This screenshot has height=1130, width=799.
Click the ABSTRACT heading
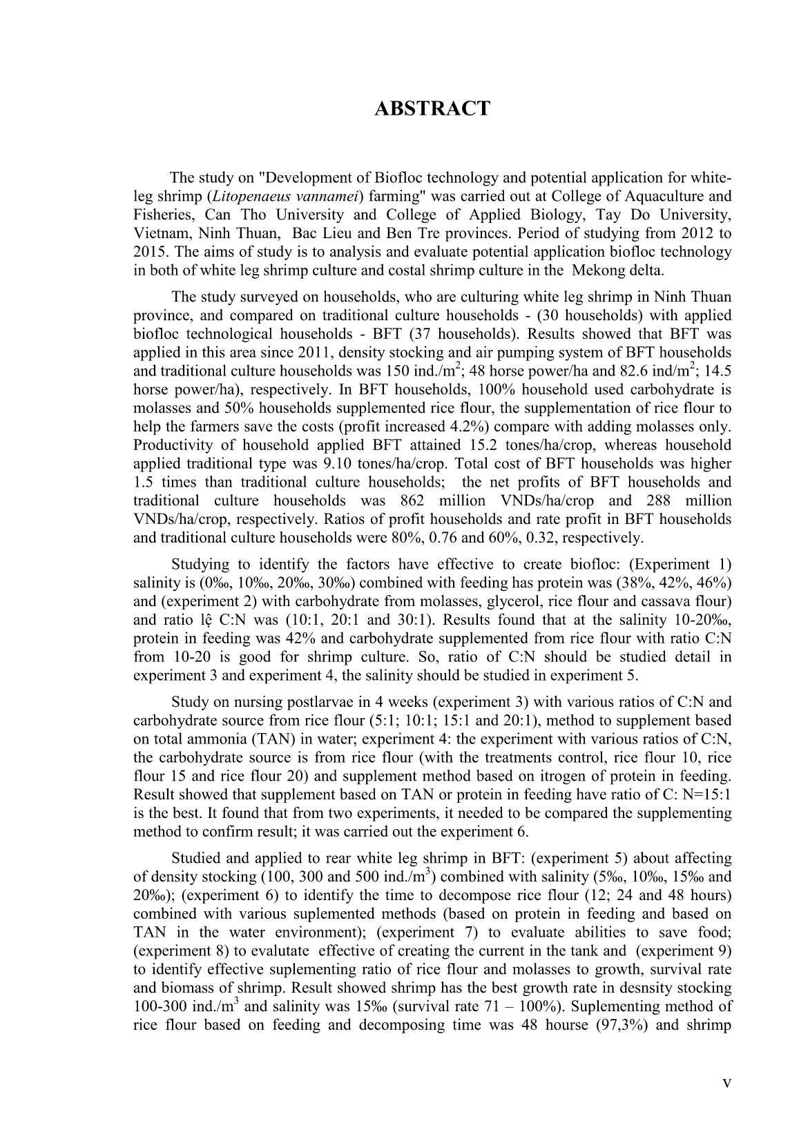[x=432, y=109]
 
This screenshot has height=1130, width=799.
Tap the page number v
[x=726, y=1082]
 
